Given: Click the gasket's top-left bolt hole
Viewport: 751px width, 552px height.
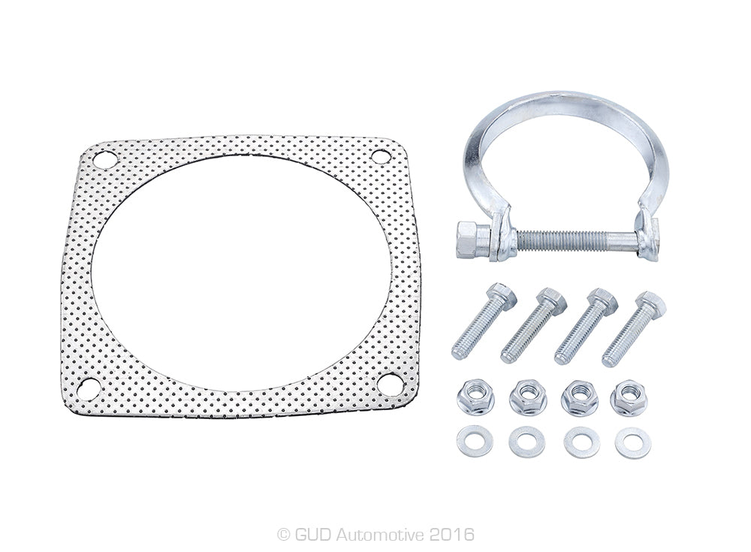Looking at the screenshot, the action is [105, 160].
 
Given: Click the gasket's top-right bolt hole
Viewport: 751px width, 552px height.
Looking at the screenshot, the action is [382, 157].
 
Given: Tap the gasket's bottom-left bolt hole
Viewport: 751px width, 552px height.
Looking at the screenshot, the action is [89, 389].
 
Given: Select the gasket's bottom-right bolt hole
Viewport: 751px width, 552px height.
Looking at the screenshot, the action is [390, 384].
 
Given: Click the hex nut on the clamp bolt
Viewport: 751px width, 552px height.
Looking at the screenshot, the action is [472, 240].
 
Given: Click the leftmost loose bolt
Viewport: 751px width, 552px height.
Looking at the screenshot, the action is [484, 321].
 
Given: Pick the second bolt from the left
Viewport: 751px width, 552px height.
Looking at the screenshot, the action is [533, 325].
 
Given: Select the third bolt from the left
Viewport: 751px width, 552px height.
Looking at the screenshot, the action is [586, 326].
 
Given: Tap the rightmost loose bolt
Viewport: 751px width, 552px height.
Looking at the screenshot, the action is [634, 329].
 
